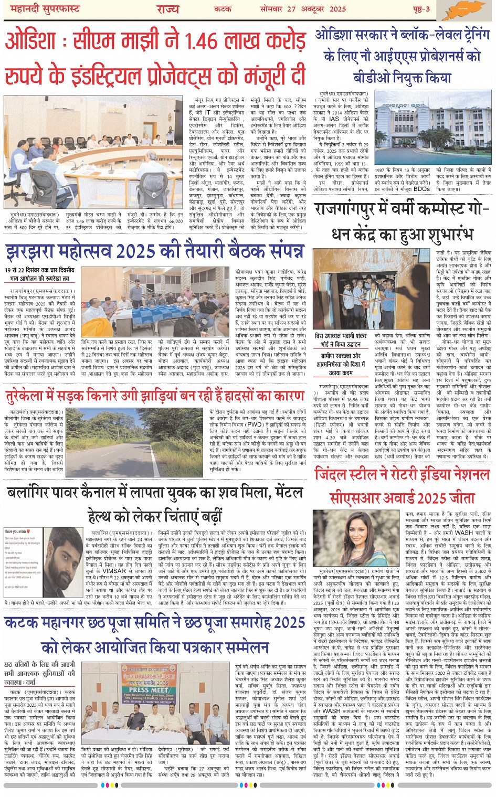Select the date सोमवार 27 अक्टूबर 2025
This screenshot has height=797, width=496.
[303, 8]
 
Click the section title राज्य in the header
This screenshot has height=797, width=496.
[167, 9]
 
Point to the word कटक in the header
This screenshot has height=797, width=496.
[223, 9]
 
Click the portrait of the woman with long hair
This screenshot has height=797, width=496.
[356, 537]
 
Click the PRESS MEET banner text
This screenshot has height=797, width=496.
[147, 690]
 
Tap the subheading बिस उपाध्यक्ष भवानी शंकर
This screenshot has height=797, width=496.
[342, 336]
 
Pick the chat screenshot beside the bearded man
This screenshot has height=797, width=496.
[23, 563]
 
